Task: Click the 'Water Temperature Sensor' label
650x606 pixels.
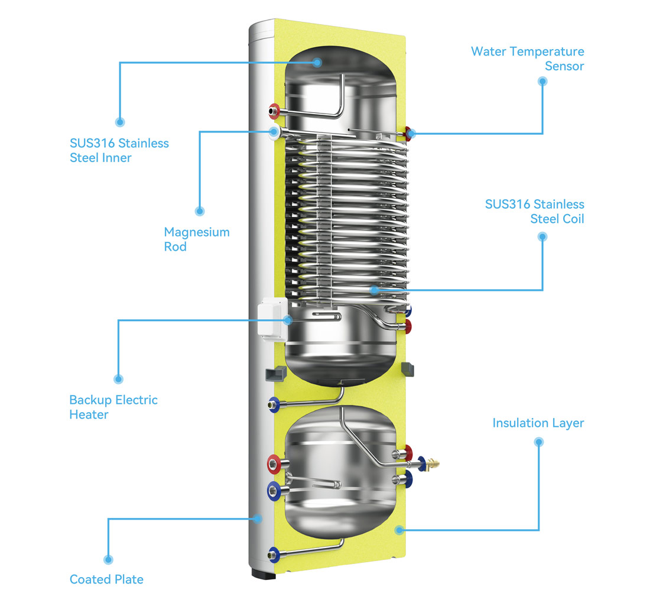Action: point(527,59)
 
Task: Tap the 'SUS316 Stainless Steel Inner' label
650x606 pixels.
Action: point(119,150)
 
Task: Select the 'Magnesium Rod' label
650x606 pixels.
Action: point(196,239)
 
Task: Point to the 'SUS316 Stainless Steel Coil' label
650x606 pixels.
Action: point(534,211)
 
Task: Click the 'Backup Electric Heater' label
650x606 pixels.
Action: point(113,407)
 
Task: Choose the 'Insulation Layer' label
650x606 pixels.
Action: point(538,423)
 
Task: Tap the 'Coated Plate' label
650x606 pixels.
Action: point(106,579)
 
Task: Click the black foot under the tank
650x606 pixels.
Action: point(264,573)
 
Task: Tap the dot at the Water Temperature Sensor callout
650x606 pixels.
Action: point(542,82)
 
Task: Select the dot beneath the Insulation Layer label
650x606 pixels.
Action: point(538,442)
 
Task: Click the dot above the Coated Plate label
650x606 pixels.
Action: point(108,559)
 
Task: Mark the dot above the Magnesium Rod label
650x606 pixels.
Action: point(200,210)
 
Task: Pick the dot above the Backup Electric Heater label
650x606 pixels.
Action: point(118,379)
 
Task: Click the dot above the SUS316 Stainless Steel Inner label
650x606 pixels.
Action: point(120,122)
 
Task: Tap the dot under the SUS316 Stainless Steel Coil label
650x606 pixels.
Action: point(542,236)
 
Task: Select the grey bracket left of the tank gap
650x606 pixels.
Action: point(275,374)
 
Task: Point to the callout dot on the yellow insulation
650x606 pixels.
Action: point(399,530)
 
